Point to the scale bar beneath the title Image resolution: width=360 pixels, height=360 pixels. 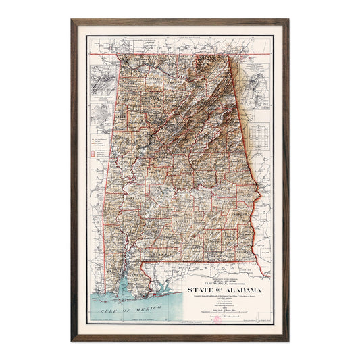[223, 297]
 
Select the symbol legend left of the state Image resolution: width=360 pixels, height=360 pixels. [95, 150]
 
